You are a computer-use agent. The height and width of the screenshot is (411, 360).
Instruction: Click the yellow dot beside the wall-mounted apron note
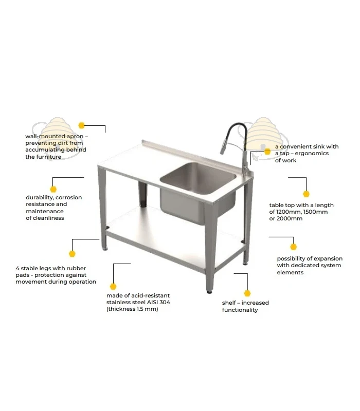click(x=82, y=125)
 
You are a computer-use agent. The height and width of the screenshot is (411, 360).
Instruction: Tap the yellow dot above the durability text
click(x=53, y=189)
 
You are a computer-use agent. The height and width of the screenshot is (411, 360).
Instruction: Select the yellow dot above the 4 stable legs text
click(x=72, y=253)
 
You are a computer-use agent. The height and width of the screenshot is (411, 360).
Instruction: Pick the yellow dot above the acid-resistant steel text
click(x=113, y=286)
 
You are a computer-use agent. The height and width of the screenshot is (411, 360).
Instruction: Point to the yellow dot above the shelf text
click(x=247, y=293)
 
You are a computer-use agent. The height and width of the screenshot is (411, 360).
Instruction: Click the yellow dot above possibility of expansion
click(x=293, y=247)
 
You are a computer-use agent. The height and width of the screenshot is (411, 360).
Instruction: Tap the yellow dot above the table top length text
click(x=306, y=194)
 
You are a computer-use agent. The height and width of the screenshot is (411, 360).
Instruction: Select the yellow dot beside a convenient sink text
click(x=267, y=152)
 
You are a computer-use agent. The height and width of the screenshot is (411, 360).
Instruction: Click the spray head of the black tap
click(x=223, y=147)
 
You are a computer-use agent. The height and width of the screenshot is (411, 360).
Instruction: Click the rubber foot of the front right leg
click(x=209, y=292)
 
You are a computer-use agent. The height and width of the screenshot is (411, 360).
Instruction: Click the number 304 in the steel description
click(x=165, y=302)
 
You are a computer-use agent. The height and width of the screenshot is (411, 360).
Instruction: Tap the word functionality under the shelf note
click(x=240, y=310)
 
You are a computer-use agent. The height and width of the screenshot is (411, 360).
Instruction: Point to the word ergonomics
click(x=312, y=154)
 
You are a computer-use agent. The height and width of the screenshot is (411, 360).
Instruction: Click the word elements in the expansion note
click(x=290, y=272)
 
